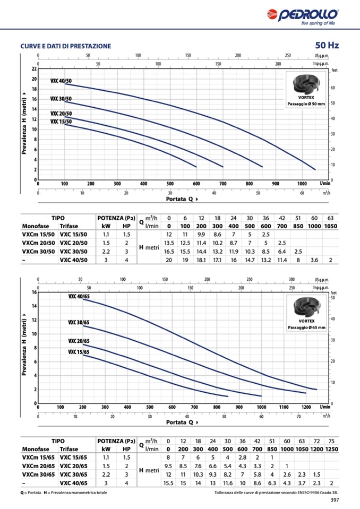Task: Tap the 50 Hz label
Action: [x=327, y=46]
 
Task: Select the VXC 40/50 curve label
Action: [x=61, y=81]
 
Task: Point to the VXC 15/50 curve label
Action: [x=61, y=122]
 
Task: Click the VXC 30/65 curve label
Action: [x=79, y=322]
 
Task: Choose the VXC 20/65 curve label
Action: [x=79, y=341]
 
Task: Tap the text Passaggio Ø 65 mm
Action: [x=310, y=327]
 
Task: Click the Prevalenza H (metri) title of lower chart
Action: [x=25, y=348]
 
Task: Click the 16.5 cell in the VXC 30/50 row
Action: [x=169, y=251]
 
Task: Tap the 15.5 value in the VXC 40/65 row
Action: [x=168, y=483]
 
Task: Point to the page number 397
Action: [x=335, y=499]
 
